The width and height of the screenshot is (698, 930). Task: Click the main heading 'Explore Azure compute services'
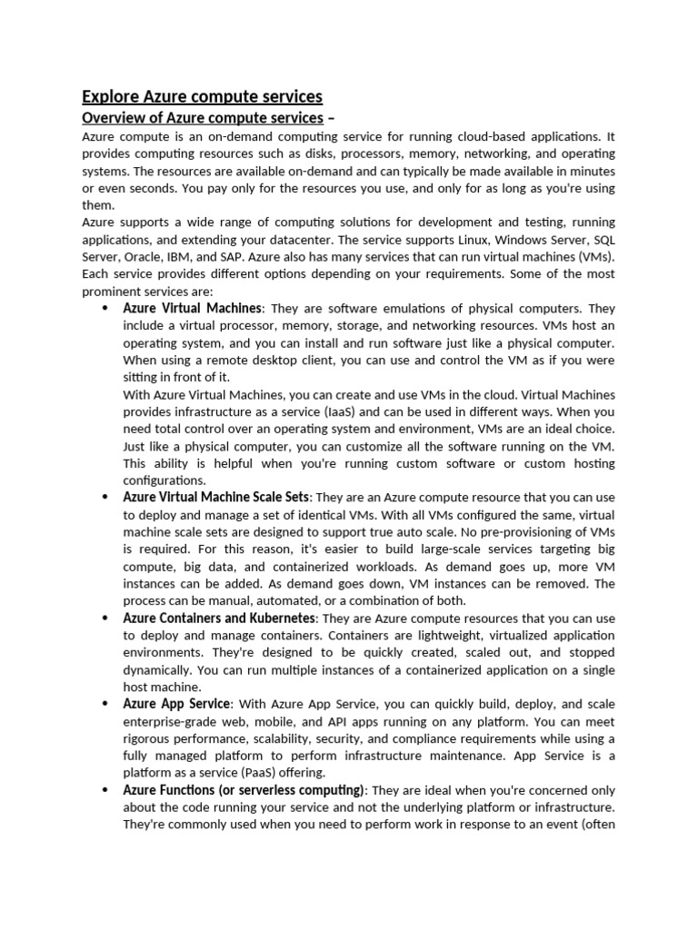tap(202, 96)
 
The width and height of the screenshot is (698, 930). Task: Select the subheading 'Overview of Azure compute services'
tap(202, 118)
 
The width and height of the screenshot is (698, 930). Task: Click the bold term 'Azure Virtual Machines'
tap(192, 309)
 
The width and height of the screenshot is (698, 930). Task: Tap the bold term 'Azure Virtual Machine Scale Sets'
tap(216, 498)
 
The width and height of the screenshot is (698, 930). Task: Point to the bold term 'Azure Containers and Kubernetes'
tap(218, 618)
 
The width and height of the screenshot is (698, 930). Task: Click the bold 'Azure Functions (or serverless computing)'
tap(244, 790)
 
